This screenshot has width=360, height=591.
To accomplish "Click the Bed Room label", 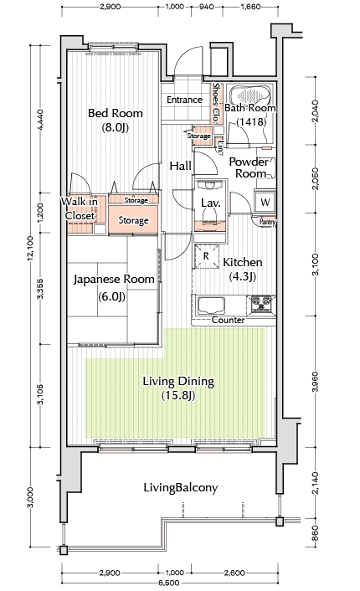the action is (115, 120).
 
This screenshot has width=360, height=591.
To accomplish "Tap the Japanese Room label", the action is (114, 287).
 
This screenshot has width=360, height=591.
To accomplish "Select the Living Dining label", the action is (178, 388).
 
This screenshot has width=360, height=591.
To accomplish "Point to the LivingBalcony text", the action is (181, 487).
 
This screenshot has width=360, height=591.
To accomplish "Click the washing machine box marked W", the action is (265, 203).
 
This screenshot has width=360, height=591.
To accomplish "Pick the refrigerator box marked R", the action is (206, 256).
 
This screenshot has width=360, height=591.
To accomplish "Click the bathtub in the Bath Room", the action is (250, 95).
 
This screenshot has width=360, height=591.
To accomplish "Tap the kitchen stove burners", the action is (261, 303).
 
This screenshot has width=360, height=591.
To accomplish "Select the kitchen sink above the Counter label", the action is (212, 306).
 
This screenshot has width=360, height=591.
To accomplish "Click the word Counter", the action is (228, 320).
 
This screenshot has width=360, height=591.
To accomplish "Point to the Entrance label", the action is (184, 100).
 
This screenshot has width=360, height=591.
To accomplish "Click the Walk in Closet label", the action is (80, 208).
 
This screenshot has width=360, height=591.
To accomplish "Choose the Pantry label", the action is (268, 222).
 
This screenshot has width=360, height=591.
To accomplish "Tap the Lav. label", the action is (210, 203).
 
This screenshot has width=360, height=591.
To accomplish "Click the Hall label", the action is (180, 166).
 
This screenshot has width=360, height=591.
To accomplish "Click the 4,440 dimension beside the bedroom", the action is (41, 119).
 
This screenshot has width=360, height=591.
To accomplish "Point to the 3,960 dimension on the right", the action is (316, 382).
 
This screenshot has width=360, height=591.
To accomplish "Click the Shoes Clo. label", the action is (216, 103).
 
